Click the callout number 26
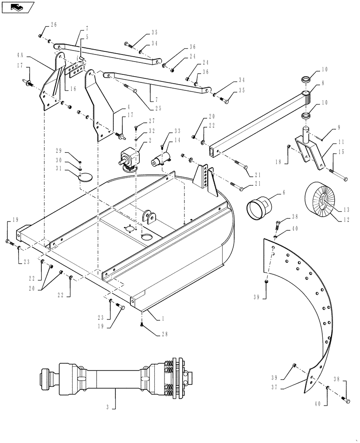tap(54, 24)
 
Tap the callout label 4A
tap(20, 56)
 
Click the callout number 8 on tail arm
tap(323, 82)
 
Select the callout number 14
tap(177, 140)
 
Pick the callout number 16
tap(73, 89)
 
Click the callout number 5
tap(87, 37)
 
